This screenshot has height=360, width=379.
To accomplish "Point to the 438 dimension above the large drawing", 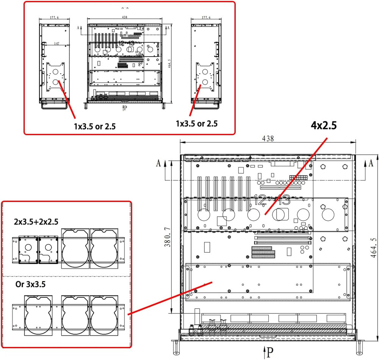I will pos(268,138).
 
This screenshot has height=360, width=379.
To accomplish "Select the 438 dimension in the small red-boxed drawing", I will pos(125,17).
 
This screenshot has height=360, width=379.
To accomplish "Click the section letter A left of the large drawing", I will pos(158,163).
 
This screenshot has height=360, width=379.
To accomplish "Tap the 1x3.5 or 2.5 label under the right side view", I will pos(197,123).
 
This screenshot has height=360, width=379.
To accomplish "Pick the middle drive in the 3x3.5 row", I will pos(75,315).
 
